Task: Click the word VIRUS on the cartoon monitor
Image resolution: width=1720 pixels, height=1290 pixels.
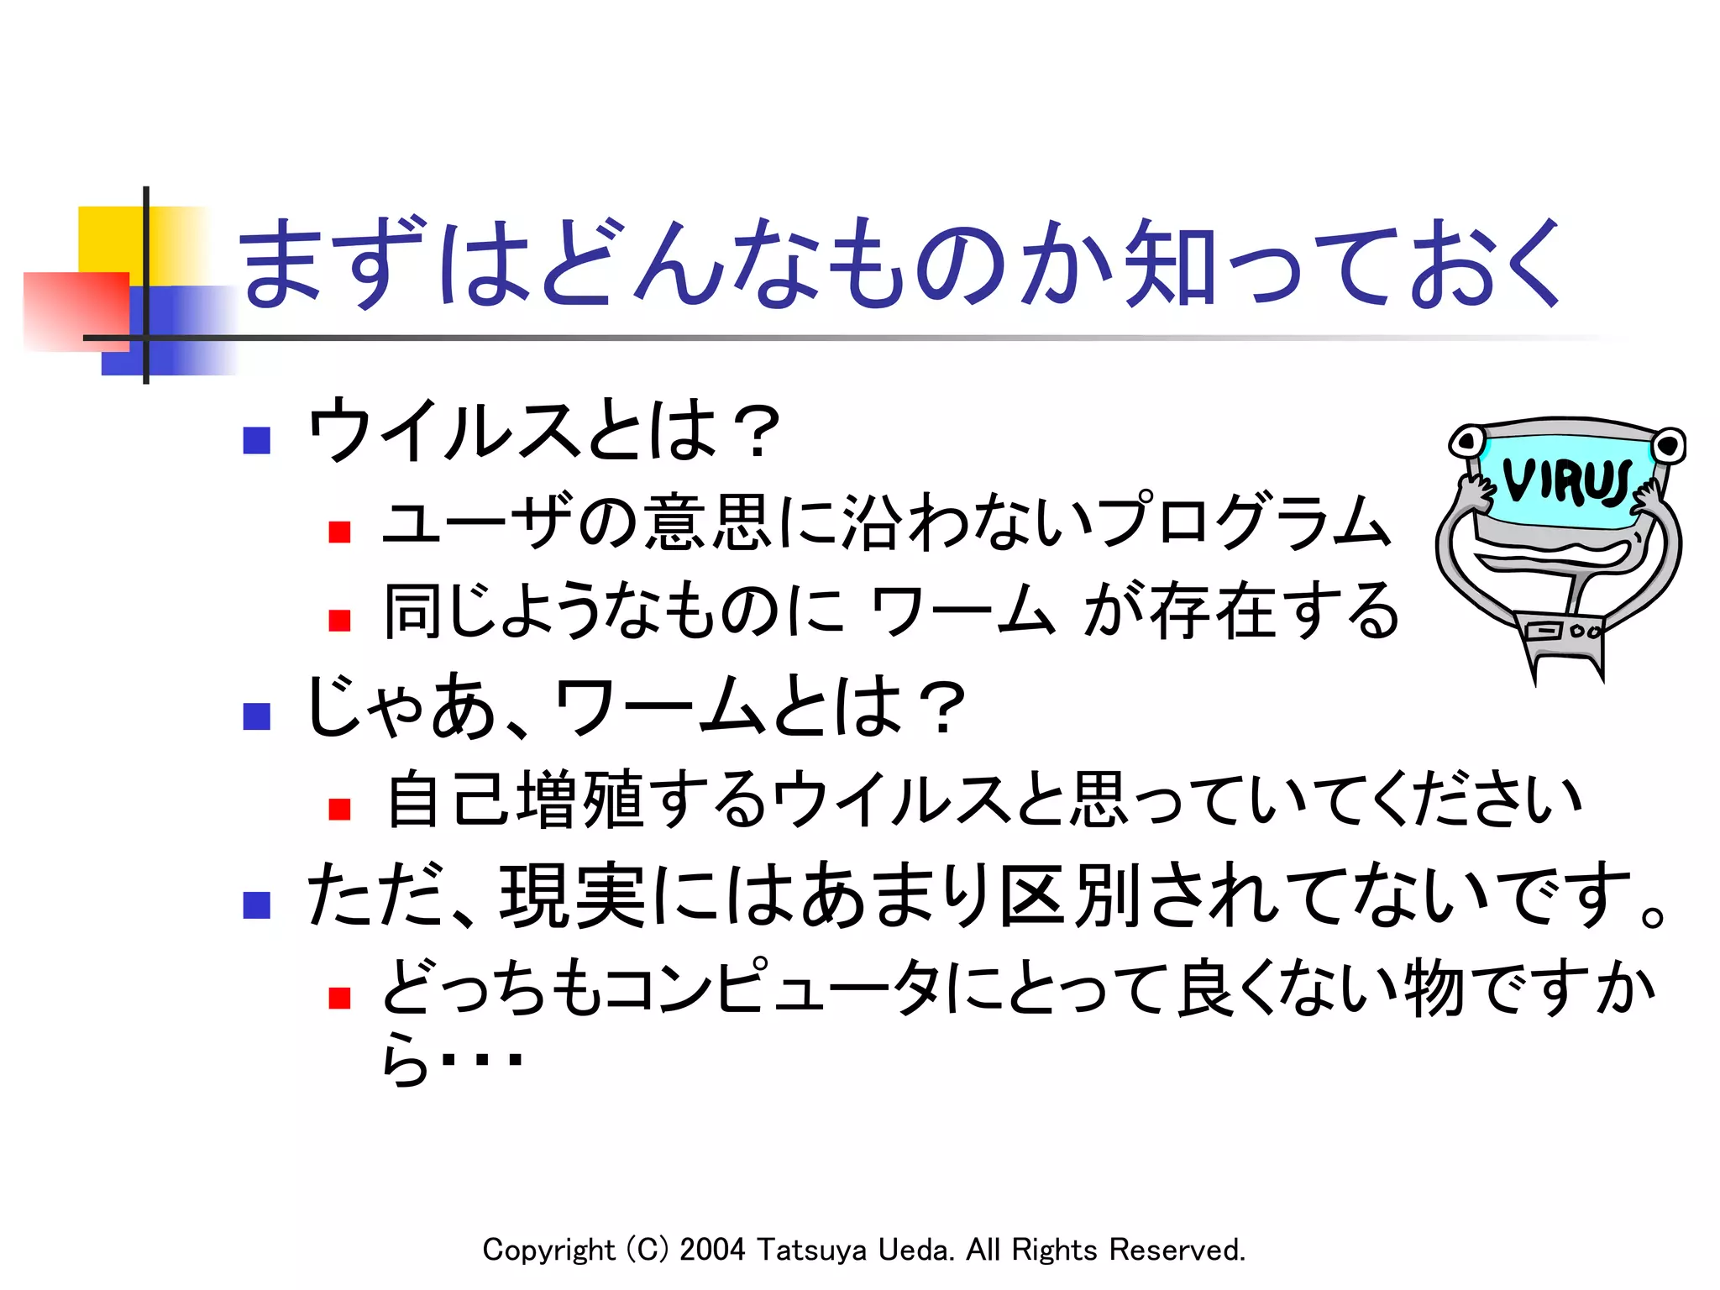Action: (x=1566, y=482)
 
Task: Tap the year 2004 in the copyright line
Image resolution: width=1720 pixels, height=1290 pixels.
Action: (x=711, y=1250)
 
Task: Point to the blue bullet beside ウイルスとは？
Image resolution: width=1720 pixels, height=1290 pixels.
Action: (x=256, y=440)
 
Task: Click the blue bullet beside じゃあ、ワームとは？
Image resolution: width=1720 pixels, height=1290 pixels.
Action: (x=256, y=716)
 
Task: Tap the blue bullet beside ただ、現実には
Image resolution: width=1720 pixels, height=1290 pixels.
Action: (x=256, y=905)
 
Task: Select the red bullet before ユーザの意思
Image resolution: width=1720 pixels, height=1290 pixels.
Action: (x=339, y=532)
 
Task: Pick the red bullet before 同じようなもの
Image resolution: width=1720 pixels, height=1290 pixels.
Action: (x=339, y=621)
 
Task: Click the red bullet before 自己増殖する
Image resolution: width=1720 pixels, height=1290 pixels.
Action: (x=339, y=809)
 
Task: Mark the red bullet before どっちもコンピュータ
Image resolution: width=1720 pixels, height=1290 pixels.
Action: (x=339, y=998)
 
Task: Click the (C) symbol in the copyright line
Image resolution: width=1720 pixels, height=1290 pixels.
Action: (x=648, y=1250)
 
